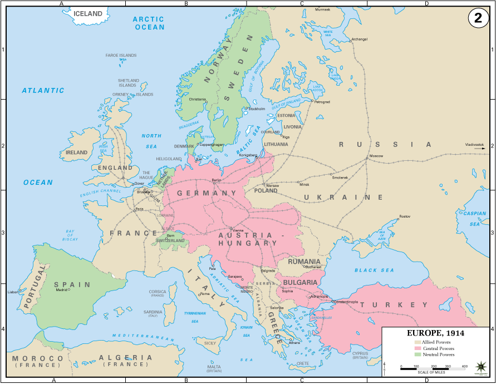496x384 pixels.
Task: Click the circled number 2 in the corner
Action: pyautogui.click(x=478, y=18)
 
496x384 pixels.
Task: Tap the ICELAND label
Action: pyautogui.click(x=89, y=14)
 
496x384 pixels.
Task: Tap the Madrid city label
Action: pyautogui.click(x=61, y=290)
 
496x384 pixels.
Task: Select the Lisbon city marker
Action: pyautogui.click(x=20, y=290)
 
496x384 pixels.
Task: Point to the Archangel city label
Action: pyautogui.click(x=359, y=40)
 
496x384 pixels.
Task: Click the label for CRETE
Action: pyautogui.click(x=303, y=363)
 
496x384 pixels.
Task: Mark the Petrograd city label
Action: pyautogui.click(x=322, y=102)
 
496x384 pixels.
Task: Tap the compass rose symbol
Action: pyautogui.click(x=482, y=367)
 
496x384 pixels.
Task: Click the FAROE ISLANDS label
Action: pyautogui.click(x=121, y=56)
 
